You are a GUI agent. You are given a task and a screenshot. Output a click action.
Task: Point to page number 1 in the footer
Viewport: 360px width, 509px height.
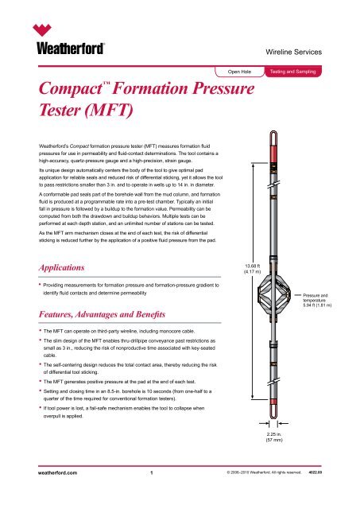click(151, 493)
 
